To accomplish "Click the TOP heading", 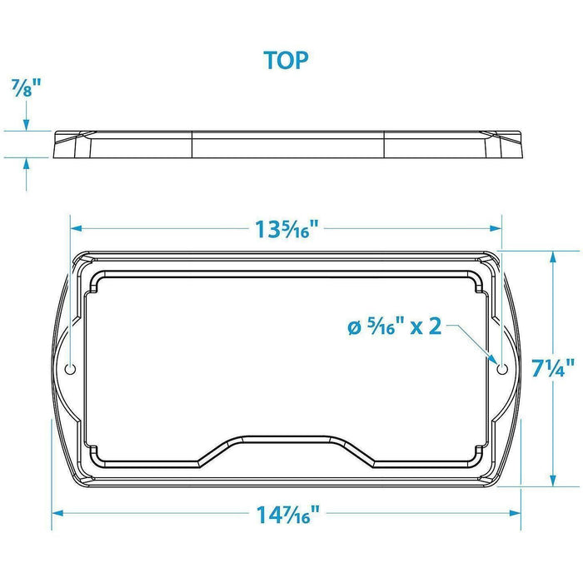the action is coord(286,60).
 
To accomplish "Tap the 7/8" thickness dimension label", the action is coord(26,88).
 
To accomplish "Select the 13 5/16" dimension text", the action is coord(287,229).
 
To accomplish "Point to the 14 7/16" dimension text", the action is coord(288,515).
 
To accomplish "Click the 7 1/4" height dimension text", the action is coord(553,368).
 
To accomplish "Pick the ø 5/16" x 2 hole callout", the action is coord(395,326).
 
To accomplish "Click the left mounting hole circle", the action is coord(70,369).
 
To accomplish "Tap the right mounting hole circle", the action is coord(502,369).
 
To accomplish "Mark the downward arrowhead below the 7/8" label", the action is coord(26,125).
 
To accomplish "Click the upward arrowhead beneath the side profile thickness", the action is coord(26,163).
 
